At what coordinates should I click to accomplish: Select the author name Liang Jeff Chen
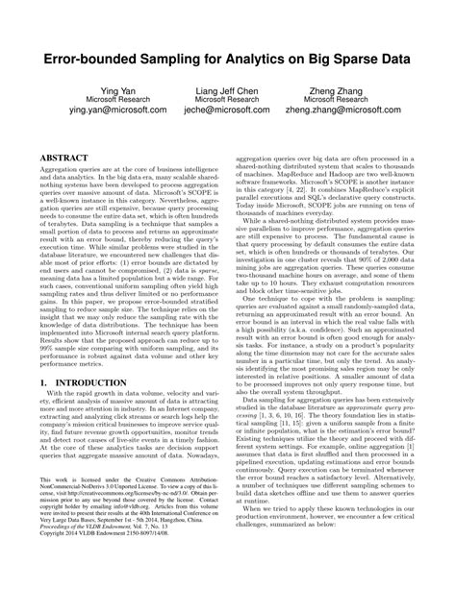tap(228, 88)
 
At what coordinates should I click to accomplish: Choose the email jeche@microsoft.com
tap(228, 111)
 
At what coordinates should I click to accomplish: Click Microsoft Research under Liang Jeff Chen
tap(228, 100)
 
